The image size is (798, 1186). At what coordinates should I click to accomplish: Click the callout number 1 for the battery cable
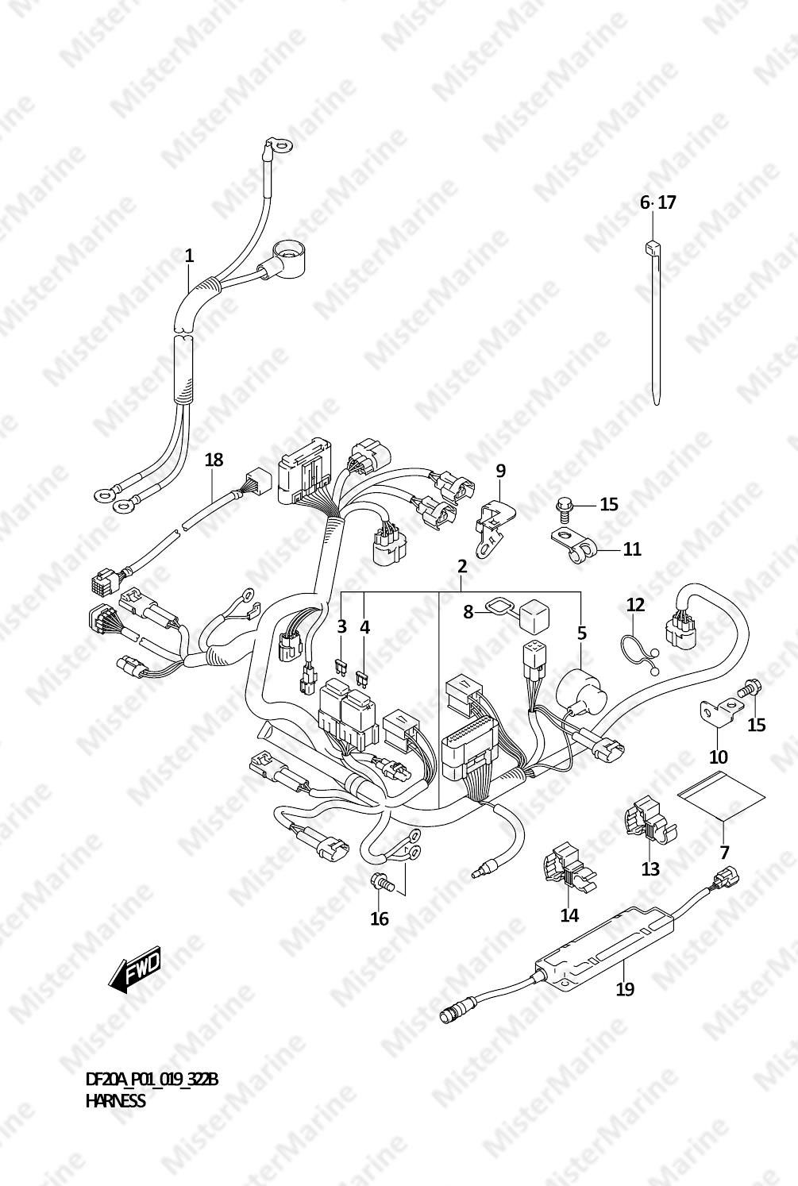189,256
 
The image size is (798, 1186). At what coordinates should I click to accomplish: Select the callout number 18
214,460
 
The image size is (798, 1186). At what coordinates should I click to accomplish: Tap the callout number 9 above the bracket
500,471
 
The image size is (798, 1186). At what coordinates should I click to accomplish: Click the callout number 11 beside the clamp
632,549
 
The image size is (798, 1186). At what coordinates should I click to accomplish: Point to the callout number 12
635,605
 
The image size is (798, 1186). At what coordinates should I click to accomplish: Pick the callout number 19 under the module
625,989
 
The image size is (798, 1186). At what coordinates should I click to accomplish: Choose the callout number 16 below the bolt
380,918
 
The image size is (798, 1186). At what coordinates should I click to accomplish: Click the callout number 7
724,853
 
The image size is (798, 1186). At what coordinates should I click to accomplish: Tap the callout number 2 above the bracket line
461,567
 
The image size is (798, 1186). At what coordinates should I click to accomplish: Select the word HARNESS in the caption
115,1101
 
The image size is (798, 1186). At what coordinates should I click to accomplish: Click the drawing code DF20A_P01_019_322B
152,1080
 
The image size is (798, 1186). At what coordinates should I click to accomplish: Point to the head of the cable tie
651,247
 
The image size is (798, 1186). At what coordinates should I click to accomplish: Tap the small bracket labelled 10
715,711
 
